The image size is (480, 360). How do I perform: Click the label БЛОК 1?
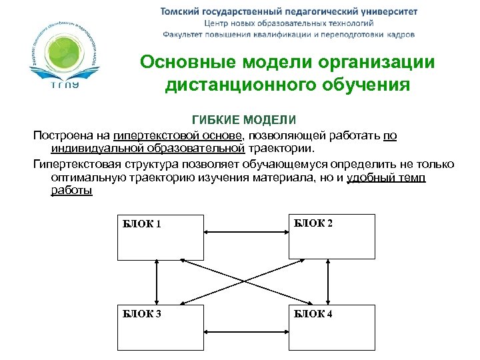click(x=141, y=224)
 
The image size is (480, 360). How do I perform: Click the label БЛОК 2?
click(x=313, y=223)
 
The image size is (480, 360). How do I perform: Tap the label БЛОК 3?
click(x=141, y=314)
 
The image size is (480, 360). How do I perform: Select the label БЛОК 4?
click(x=313, y=314)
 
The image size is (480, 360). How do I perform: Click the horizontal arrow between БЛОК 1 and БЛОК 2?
click(x=245, y=233)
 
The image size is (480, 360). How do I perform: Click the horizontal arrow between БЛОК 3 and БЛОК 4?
click(x=245, y=329)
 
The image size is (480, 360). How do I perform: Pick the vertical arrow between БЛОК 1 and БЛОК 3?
click(x=157, y=282)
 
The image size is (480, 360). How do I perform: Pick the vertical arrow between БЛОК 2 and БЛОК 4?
click(x=328, y=282)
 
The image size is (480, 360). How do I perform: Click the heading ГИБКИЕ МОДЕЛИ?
click(x=243, y=120)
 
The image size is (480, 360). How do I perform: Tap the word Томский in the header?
click(x=183, y=11)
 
